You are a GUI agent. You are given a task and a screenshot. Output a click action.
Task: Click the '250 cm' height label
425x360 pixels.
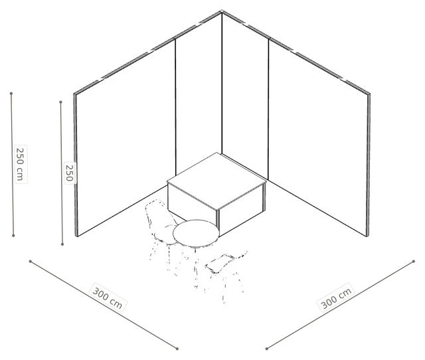coord(21,164)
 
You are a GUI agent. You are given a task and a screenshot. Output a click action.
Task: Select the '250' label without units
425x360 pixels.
coord(69,173)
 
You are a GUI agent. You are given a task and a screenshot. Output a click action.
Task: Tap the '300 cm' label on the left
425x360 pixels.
coord(108,297)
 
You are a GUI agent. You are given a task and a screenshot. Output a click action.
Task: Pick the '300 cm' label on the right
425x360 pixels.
coord(336,298)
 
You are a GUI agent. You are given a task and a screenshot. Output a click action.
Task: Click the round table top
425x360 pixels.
coord(196,233)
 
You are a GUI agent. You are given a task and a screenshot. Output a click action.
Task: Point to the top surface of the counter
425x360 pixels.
coord(216,181)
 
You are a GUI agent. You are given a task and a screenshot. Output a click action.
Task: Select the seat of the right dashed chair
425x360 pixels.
coord(220,264)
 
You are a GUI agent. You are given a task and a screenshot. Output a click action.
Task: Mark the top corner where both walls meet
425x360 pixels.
coord(222,11)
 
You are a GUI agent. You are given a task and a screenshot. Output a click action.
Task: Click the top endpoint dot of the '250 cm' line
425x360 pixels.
coord(11,94)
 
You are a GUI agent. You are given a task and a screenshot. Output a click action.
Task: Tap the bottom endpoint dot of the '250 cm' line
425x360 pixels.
coord(13,236)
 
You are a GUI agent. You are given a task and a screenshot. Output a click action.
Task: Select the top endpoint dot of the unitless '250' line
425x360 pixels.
coord(60,102)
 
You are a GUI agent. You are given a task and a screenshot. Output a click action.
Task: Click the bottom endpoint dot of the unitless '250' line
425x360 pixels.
coord(62,244)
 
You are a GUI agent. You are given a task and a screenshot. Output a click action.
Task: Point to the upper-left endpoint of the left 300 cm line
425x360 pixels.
coord(31,261)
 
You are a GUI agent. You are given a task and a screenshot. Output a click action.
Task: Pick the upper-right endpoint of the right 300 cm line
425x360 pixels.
coord(413,261)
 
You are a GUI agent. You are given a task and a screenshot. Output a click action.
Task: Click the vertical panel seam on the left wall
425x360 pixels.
coord(175,108)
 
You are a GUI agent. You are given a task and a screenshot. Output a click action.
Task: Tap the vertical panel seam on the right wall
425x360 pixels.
coord(268,109)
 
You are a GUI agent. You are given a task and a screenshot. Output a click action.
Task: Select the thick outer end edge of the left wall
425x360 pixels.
coord(76,165)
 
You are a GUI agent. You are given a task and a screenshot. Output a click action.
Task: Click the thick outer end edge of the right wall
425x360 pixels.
coord(368,165)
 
